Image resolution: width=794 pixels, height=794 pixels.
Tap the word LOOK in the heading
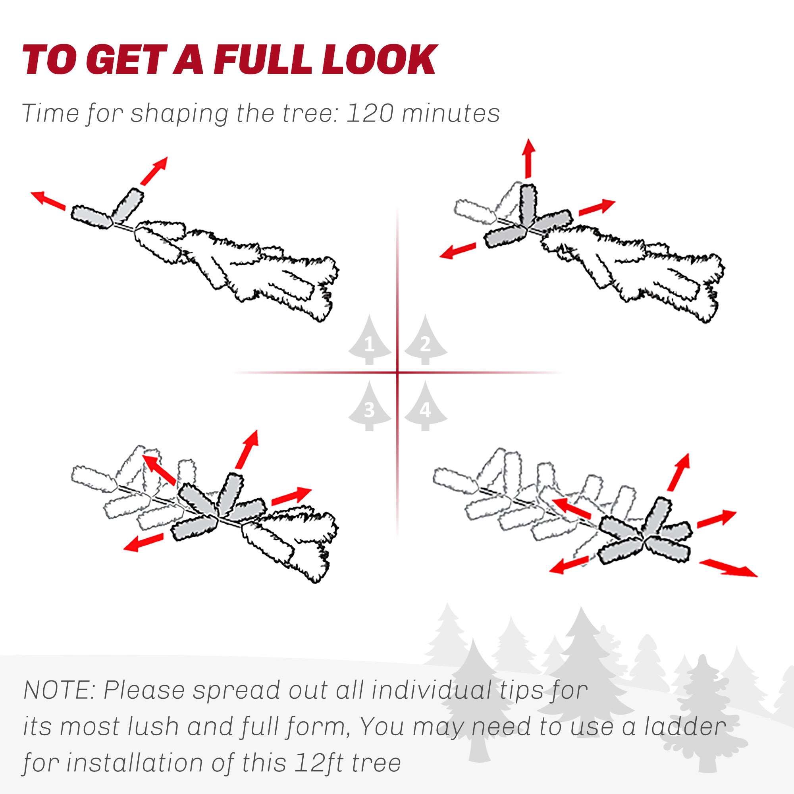coord(379,60)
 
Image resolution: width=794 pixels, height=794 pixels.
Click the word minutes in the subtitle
coord(451,113)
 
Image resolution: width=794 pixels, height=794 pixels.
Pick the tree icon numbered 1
coord(370,340)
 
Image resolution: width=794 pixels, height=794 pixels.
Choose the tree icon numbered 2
coord(425,340)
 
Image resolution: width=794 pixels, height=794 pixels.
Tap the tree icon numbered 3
coord(370,407)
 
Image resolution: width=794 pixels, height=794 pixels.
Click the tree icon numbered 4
coord(425,407)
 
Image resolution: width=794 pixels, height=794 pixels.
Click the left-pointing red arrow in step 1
coord(48,200)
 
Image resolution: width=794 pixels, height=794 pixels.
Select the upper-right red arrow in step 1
coord(154,171)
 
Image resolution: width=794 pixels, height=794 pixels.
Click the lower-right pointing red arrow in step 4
coord(728,569)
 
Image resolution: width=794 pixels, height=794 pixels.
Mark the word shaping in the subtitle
coord(179,114)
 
